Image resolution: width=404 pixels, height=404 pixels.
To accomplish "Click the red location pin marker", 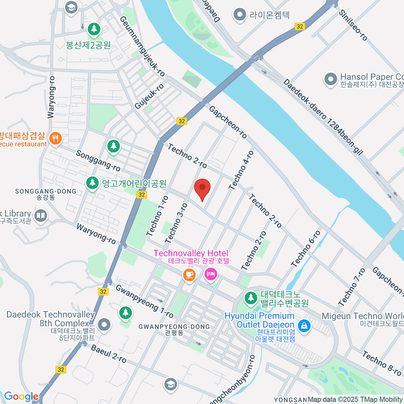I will pyautogui.click(x=202, y=189).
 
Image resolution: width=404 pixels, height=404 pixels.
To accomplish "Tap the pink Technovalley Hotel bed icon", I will pyautogui.click(x=211, y=274).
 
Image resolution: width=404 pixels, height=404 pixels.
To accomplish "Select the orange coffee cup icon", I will pyautogui.click(x=189, y=274).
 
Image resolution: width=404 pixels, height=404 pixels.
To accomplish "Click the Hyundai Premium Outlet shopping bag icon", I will pyautogui.click(x=304, y=326).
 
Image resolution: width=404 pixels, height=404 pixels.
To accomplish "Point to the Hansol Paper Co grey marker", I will pyautogui.click(x=330, y=79).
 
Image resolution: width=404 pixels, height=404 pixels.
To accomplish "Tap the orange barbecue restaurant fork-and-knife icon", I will pyautogui.click(x=55, y=138).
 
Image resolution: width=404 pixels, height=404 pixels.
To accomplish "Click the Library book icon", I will pyautogui.click(x=41, y=215).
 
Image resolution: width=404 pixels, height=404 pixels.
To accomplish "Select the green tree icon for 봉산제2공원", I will pyautogui.click(x=94, y=29).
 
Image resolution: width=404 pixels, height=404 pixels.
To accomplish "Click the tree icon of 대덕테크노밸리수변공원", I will pyautogui.click(x=250, y=298).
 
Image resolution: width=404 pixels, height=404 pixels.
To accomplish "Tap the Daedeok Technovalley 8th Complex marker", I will pyautogui.click(x=104, y=325).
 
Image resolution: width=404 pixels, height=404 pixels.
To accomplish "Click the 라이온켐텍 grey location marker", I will pyautogui.click(x=239, y=15).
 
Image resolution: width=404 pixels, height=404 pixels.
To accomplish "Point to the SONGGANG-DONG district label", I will pyautogui.click(x=46, y=191).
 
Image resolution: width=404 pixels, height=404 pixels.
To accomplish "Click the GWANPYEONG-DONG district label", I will pyautogui.click(x=174, y=327).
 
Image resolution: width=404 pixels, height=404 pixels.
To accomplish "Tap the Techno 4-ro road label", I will pyautogui.click(x=241, y=170).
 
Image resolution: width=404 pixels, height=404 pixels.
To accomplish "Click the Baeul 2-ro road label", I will pyautogui.click(x=109, y=354).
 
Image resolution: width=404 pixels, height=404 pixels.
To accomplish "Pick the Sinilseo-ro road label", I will pyautogui.click(x=353, y=25).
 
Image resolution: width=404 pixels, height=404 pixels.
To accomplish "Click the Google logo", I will pyautogui.click(x=21, y=397).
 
